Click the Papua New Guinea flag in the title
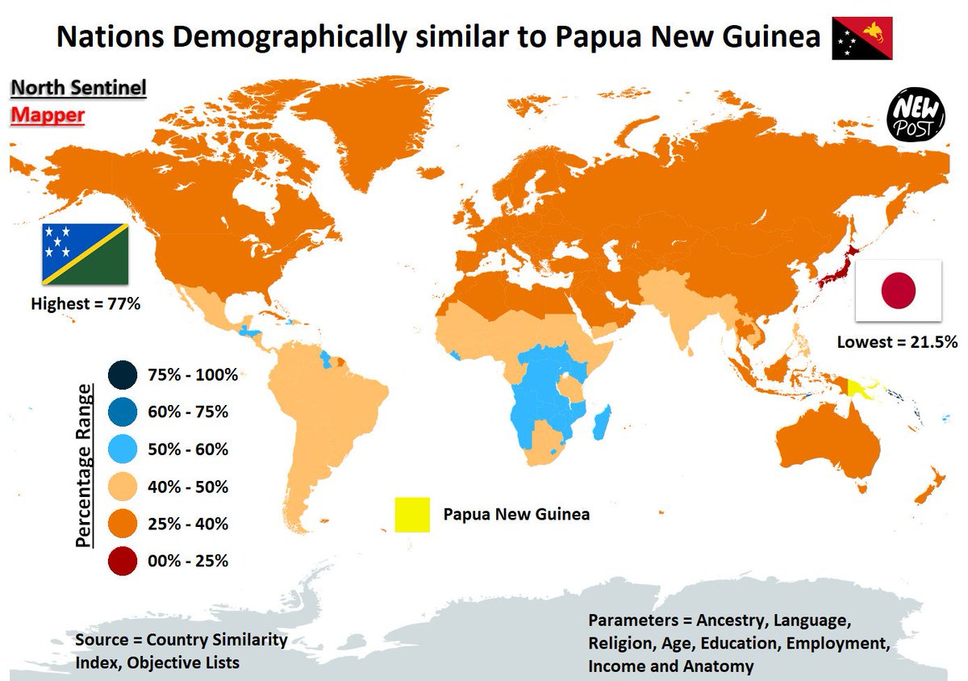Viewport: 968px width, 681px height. (x=862, y=38)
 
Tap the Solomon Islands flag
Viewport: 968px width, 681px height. (x=85, y=254)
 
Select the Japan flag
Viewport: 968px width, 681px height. (x=898, y=290)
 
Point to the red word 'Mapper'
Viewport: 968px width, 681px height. (x=47, y=115)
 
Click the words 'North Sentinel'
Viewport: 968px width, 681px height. (x=78, y=88)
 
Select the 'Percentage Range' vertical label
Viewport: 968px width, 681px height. (x=84, y=467)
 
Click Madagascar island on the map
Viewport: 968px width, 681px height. (x=602, y=423)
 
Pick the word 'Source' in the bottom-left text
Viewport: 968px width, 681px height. (x=102, y=641)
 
